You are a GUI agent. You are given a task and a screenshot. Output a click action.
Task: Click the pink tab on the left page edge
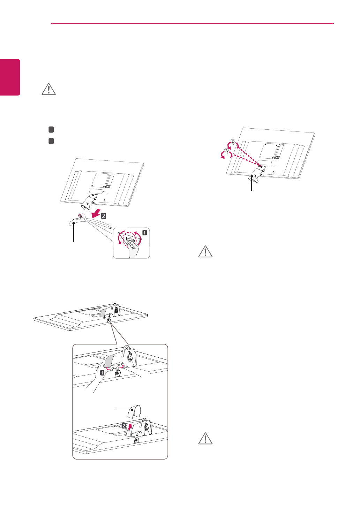10,77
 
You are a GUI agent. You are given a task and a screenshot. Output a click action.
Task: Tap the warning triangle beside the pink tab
49,89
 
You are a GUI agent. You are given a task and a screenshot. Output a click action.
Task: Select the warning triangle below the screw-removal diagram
205,252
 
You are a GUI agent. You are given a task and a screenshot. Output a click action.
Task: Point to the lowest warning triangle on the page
205,439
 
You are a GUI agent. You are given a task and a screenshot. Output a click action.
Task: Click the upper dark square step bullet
51,130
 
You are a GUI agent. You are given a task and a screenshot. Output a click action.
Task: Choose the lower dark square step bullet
51,141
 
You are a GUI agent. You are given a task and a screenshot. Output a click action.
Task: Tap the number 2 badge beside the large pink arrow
103,216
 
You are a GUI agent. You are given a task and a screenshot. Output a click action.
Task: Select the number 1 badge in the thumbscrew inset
144,233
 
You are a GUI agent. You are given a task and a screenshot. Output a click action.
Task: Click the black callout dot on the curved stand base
74,223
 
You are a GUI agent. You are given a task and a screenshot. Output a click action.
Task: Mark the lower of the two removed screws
226,151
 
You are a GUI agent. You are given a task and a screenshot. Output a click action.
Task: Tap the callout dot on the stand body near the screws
252,176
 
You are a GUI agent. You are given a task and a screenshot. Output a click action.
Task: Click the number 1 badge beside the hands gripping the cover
102,373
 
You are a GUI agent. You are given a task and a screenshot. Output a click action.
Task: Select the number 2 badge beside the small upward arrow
124,426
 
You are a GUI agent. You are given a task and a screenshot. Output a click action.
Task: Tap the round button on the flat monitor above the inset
108,319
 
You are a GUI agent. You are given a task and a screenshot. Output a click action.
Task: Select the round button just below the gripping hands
117,373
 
